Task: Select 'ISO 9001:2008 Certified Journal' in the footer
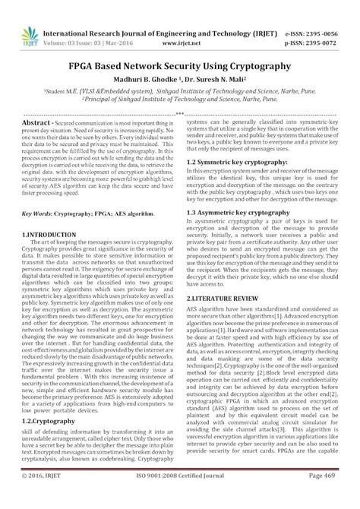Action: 180,496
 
